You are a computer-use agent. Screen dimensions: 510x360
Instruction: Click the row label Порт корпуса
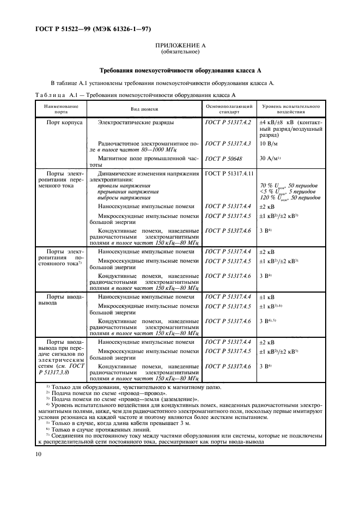point(64,123)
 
